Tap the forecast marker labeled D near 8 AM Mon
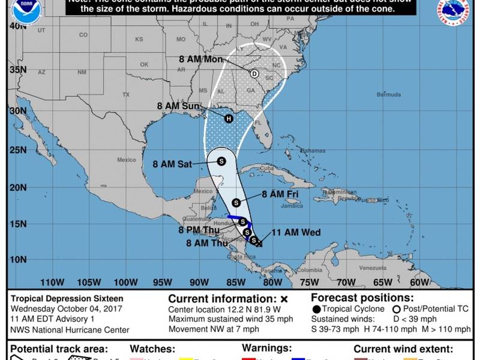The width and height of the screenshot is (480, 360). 254,74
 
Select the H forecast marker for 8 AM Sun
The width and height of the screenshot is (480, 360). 229,118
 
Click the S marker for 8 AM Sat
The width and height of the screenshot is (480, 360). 221,161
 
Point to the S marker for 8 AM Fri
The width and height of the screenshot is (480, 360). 236,202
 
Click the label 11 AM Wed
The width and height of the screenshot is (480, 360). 296,233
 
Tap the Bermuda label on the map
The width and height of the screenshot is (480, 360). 388,95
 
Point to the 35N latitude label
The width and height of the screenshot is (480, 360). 18,70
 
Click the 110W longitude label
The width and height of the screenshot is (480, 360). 52,283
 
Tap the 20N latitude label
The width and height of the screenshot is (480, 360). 18,188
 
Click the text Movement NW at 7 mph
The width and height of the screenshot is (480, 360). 214,329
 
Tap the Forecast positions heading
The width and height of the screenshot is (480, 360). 362,298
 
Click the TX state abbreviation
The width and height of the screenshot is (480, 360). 126,95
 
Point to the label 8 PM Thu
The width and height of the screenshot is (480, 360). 199,230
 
